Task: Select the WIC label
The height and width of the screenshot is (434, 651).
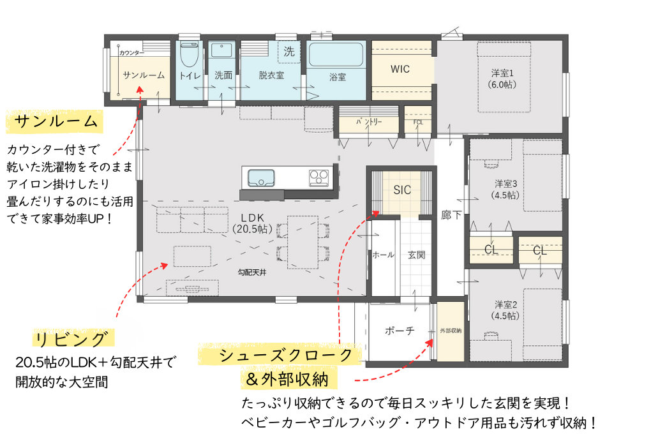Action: coord(400,69)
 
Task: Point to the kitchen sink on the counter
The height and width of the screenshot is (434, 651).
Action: coord(260,177)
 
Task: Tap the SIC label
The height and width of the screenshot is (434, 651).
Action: coord(402,190)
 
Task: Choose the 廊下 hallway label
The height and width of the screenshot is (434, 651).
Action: coord(451,215)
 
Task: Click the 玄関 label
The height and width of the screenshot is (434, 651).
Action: coord(416,255)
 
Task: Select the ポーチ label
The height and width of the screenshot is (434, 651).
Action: coord(400,331)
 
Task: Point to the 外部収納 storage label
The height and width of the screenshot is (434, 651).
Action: coord(451,331)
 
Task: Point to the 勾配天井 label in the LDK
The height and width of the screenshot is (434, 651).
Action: coord(252,272)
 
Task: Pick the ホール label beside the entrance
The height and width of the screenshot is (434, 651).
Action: coord(383,255)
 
